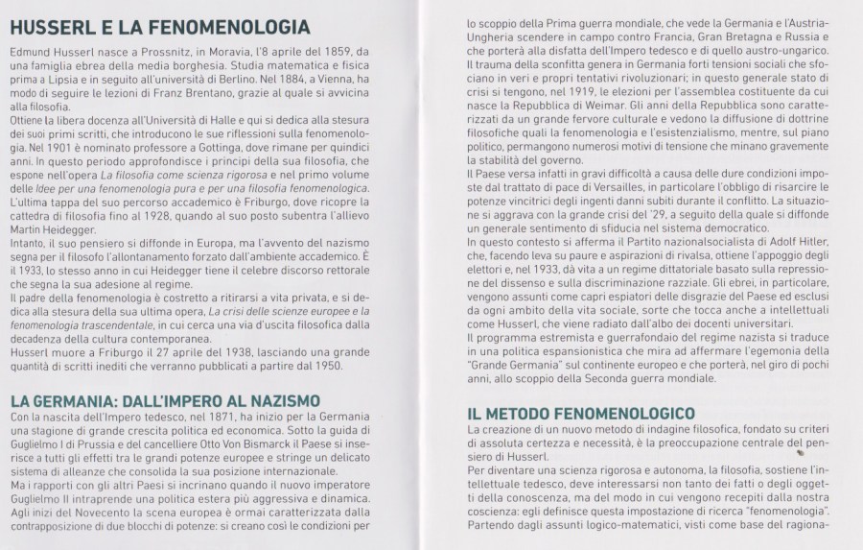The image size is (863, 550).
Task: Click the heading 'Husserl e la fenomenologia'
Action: tap(159, 26)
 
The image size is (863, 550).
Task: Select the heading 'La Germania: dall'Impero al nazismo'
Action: tap(164, 399)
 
